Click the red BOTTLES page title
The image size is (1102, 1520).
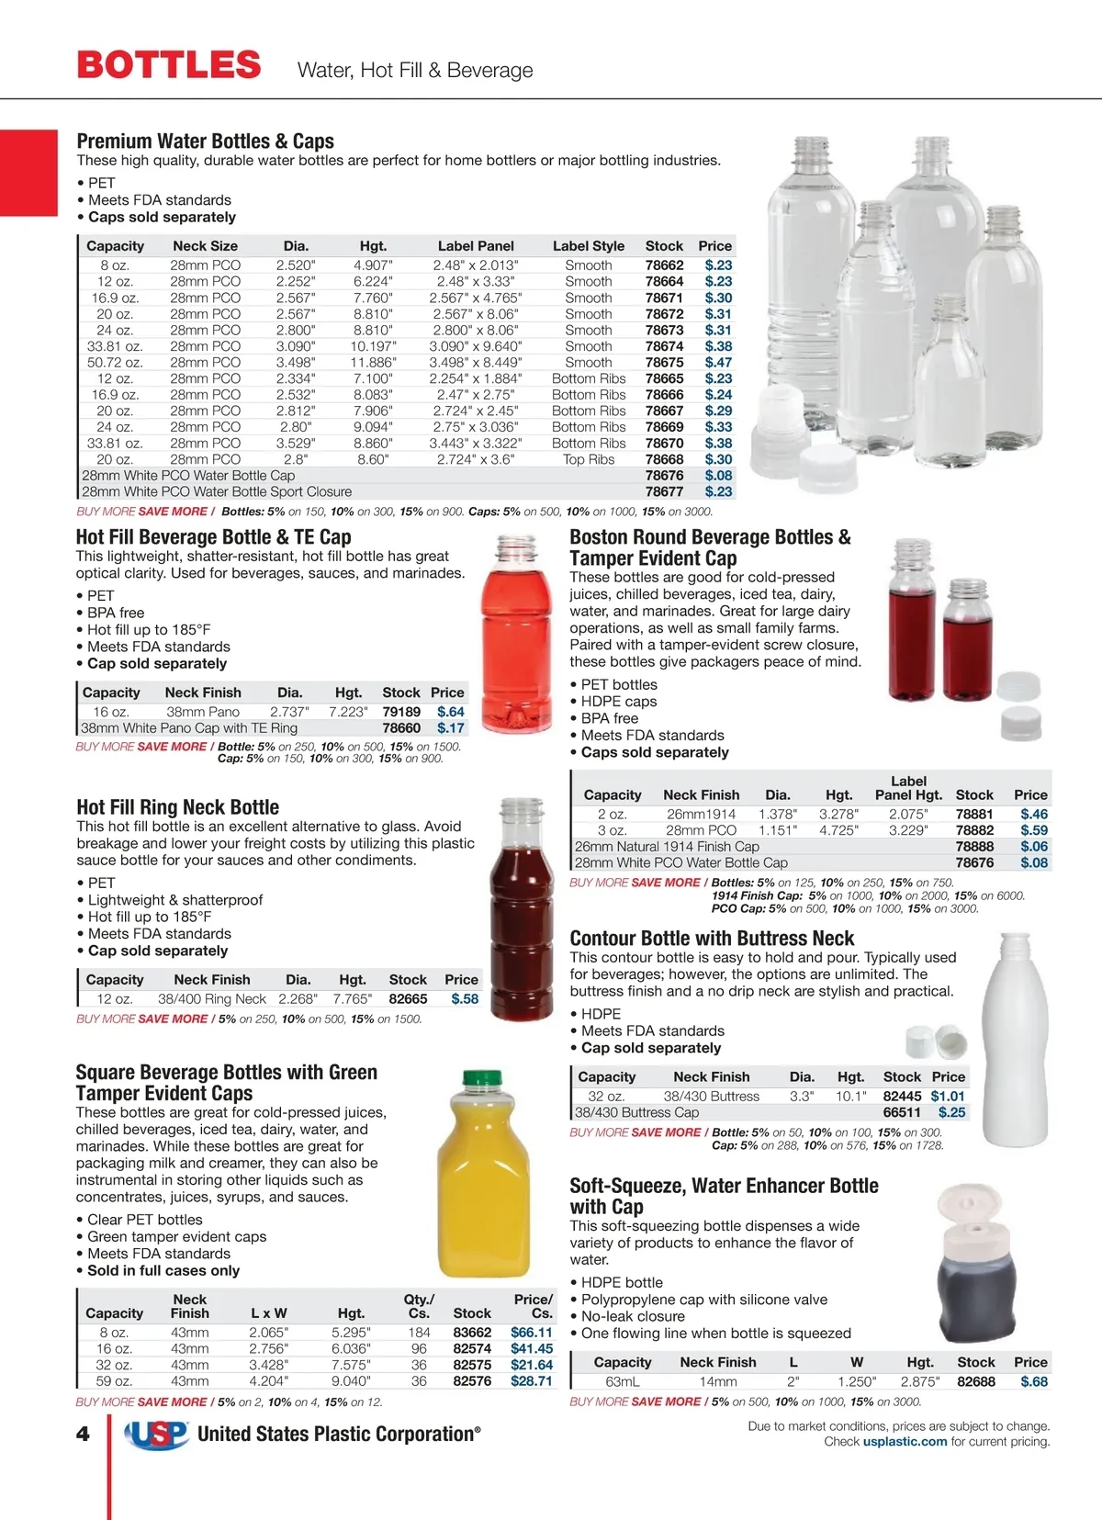tap(169, 65)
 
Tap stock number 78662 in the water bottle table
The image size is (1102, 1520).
tap(664, 265)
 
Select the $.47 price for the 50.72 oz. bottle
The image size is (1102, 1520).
tap(718, 363)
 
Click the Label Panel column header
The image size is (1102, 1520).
tap(476, 246)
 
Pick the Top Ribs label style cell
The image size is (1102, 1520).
tap(589, 459)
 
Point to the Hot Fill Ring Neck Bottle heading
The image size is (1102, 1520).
tap(177, 807)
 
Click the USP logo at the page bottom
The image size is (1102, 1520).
tap(156, 1435)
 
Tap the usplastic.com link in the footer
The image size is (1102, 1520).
tap(905, 1442)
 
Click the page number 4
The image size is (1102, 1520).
tap(83, 1435)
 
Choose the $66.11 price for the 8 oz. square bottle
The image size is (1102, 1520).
tap(532, 1333)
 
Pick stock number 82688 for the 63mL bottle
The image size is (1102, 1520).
tap(976, 1381)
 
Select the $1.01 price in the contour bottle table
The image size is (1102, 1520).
tap(948, 1097)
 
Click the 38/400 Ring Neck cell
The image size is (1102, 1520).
tap(212, 999)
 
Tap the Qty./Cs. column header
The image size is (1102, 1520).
tap(419, 1306)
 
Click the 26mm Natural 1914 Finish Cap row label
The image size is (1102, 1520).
tap(667, 847)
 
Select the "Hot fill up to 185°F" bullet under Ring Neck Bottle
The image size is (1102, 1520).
tap(150, 917)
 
